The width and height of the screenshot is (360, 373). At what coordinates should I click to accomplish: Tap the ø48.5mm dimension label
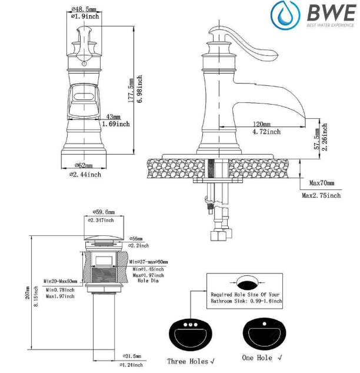[85, 9]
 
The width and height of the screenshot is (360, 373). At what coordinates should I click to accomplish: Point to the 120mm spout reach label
[262, 124]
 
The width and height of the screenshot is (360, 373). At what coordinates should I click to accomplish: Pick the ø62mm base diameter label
[85, 166]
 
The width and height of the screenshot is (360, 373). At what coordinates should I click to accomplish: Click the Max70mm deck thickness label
[321, 184]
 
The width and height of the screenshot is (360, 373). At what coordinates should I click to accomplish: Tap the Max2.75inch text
[321, 195]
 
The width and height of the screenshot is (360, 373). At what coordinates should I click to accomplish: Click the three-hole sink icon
[189, 332]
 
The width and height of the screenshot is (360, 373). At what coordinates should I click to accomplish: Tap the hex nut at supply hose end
[218, 236]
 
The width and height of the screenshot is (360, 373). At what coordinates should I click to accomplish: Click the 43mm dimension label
[112, 116]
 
